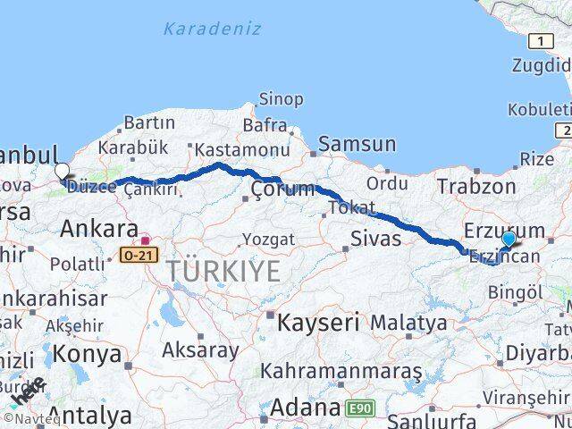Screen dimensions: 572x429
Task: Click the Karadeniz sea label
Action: tap(213, 29)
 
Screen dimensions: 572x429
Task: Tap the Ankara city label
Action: tap(98, 228)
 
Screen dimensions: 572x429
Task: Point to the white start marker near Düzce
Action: tap(62, 172)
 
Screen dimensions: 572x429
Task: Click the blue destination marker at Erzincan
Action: tap(509, 240)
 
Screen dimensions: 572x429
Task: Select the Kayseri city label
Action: tap(318, 321)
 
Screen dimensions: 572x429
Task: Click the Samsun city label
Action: tap(357, 143)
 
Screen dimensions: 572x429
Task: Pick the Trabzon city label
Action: tap(476, 186)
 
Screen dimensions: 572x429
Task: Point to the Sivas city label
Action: tap(369, 238)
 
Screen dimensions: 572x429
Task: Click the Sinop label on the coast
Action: tap(281, 99)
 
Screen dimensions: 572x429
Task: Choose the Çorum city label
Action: tap(282, 189)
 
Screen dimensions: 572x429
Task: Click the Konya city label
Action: tap(87, 354)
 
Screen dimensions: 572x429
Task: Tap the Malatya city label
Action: tap(408, 321)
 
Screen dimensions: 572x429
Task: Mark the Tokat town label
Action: tap(351, 207)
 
